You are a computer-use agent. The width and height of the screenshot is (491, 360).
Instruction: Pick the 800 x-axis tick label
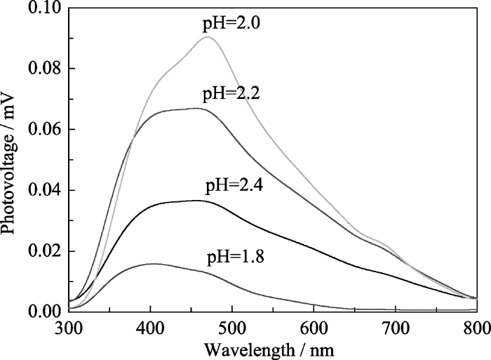tap(476, 326)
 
